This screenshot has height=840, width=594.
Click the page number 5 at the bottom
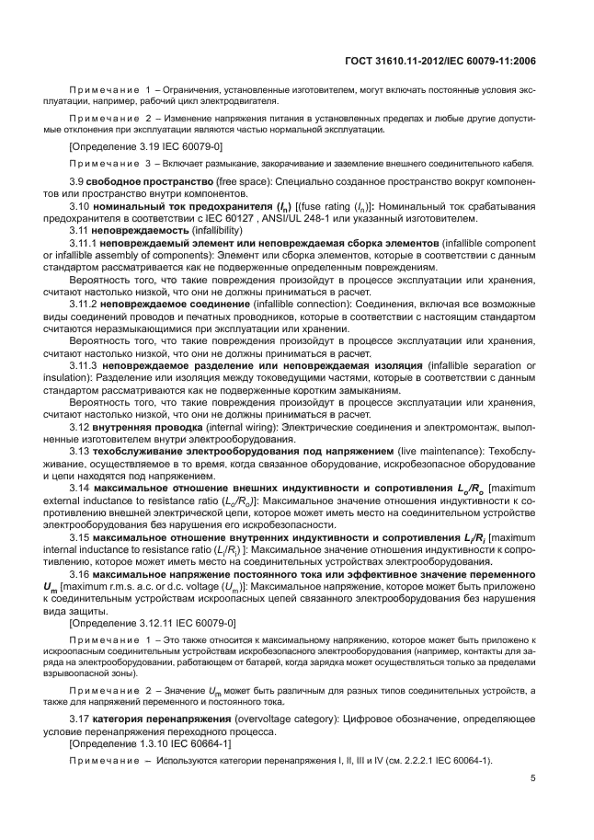533,778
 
